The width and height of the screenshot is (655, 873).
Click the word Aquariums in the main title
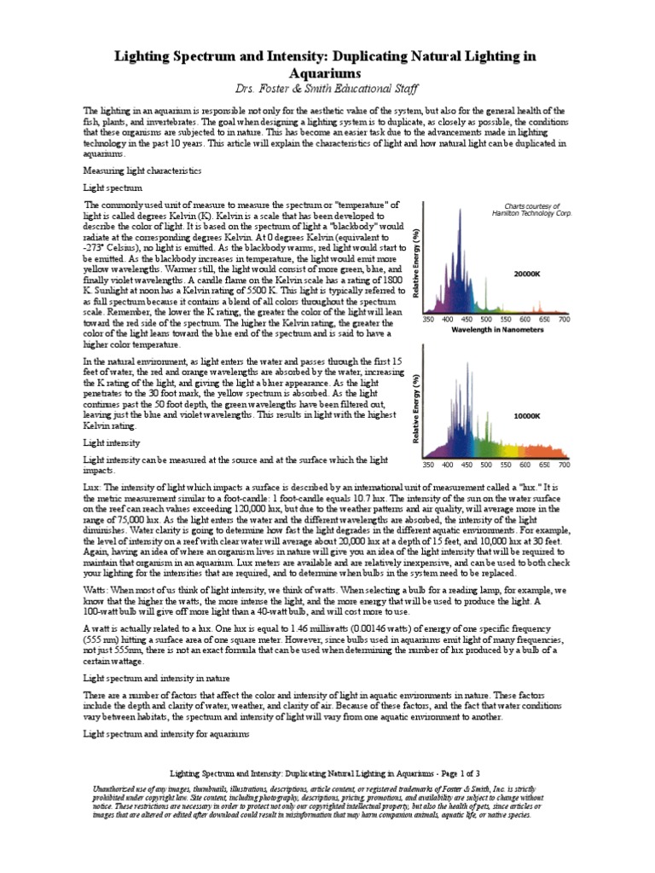(327, 74)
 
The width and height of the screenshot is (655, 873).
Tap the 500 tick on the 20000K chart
(484, 320)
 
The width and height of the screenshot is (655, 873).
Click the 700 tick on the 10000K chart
(564, 465)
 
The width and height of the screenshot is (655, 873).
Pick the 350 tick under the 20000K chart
(429, 320)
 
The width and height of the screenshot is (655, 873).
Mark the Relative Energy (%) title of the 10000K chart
(415, 408)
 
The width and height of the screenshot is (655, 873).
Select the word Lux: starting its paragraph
(91, 483)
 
